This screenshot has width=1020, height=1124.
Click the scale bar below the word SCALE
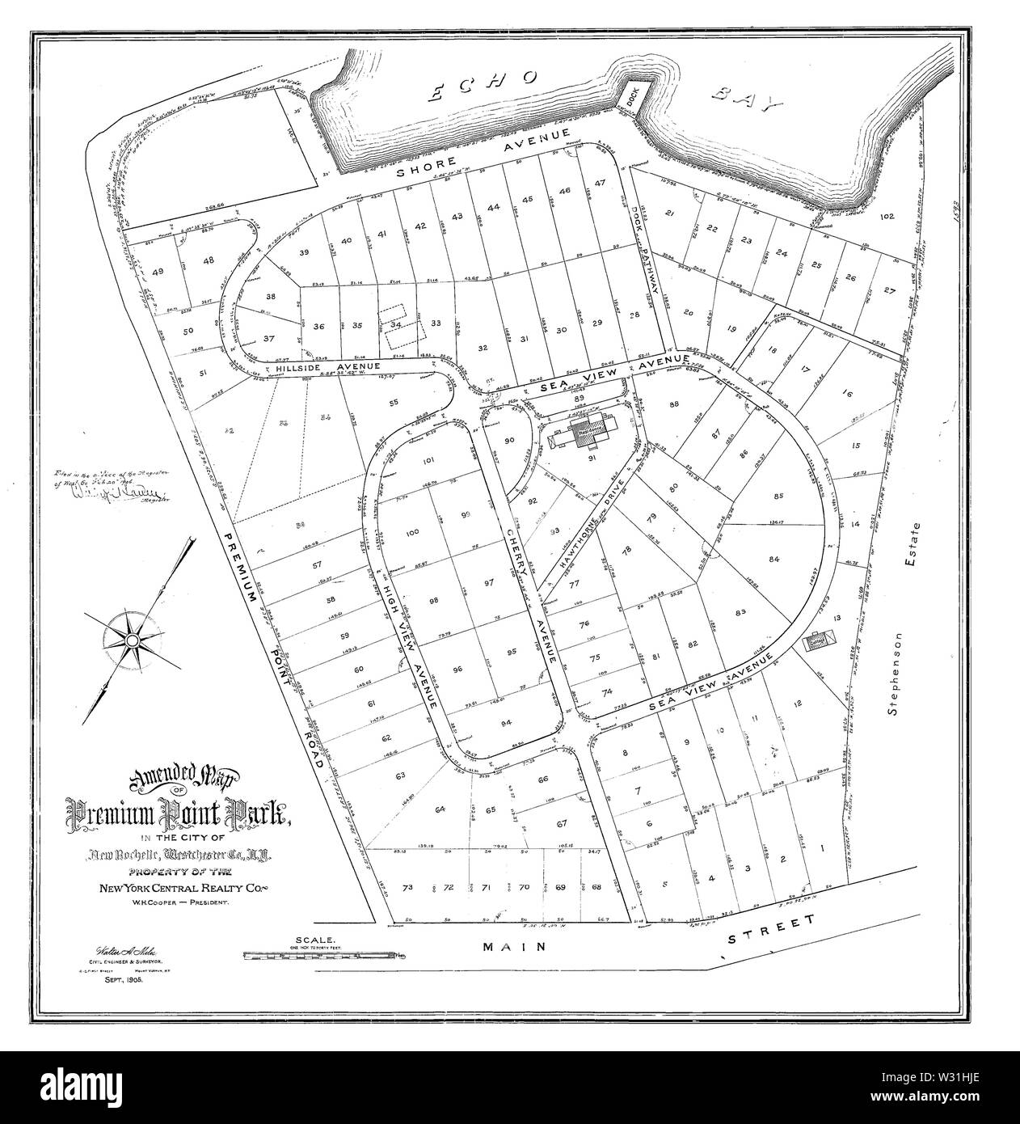click(x=323, y=955)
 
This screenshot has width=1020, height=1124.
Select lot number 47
click(x=600, y=183)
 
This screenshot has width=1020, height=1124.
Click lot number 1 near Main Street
click(x=822, y=849)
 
